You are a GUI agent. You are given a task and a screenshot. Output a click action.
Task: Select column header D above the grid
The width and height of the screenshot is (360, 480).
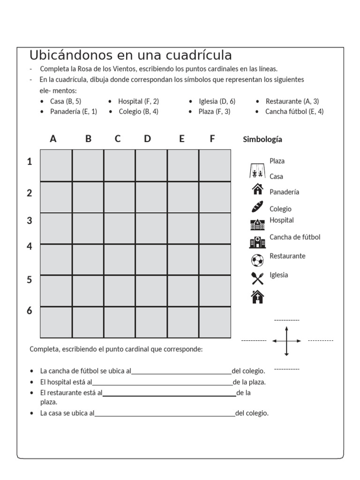pos(148,139)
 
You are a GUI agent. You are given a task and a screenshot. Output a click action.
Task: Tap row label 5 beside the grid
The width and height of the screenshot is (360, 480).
pos(30,280)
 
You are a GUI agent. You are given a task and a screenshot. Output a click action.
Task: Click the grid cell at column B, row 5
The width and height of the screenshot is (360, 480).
pos(88,291)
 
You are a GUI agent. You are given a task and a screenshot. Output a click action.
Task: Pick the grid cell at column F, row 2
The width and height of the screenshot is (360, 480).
pos(215,197)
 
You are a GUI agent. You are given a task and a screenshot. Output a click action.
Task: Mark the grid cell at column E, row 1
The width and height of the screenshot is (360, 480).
pos(183,165)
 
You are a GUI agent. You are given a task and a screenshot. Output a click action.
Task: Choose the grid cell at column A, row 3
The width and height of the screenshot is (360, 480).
pos(56,228)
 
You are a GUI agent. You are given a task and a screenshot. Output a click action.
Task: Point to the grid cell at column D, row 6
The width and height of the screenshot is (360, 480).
pos(151,322)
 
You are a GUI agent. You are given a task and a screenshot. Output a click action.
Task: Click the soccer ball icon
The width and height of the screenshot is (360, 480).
pos(257,260)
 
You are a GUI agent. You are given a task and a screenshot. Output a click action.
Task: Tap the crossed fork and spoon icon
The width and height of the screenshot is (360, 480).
pos(257,278)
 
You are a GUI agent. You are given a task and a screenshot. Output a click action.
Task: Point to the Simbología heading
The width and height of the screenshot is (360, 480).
pos(262,139)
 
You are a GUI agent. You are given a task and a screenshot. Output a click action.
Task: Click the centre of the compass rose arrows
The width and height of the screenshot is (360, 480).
pos(286,341)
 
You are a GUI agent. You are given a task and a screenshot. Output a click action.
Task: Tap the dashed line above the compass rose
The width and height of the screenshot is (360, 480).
pos(286,320)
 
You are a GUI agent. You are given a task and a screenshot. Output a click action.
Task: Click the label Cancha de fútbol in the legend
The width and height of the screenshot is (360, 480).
pos(295,237)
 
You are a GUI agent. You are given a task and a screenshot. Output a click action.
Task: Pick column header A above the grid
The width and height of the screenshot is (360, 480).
pos(53,139)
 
